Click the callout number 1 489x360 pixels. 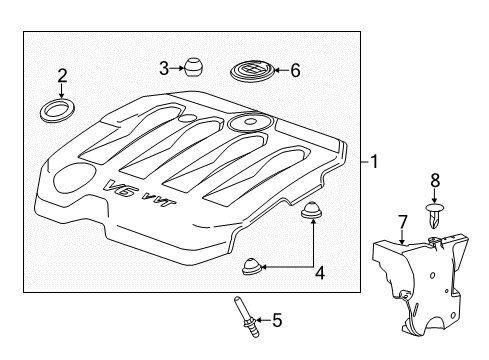(374, 160)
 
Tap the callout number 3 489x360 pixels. (164, 68)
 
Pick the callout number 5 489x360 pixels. (277, 321)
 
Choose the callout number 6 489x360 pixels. (294, 70)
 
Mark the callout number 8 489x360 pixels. (434, 182)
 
